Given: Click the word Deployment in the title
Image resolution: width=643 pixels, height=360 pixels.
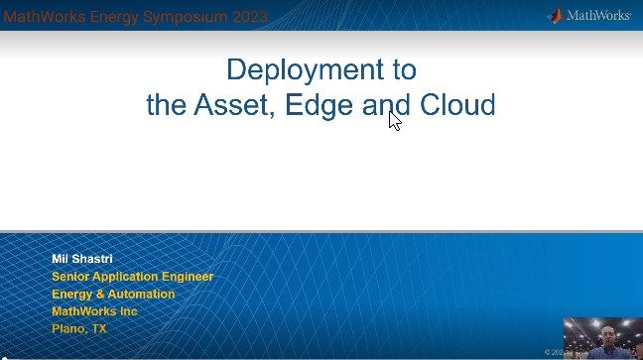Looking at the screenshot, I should pos(321,70).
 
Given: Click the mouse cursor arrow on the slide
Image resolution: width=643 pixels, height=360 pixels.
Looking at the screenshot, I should pos(394,119).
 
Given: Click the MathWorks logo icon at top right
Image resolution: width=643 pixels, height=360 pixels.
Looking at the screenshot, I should pos(558,15).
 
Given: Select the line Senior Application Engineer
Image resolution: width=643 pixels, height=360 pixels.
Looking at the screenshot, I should pos(132,277).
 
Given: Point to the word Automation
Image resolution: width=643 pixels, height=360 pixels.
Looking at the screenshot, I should pos(142,294).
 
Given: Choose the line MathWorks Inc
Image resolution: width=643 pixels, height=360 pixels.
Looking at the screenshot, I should pos(94,311).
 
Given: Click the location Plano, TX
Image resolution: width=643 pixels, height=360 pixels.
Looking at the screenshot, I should pos(79,328).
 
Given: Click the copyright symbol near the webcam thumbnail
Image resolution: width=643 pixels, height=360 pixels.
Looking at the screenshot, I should pos(547,351).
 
